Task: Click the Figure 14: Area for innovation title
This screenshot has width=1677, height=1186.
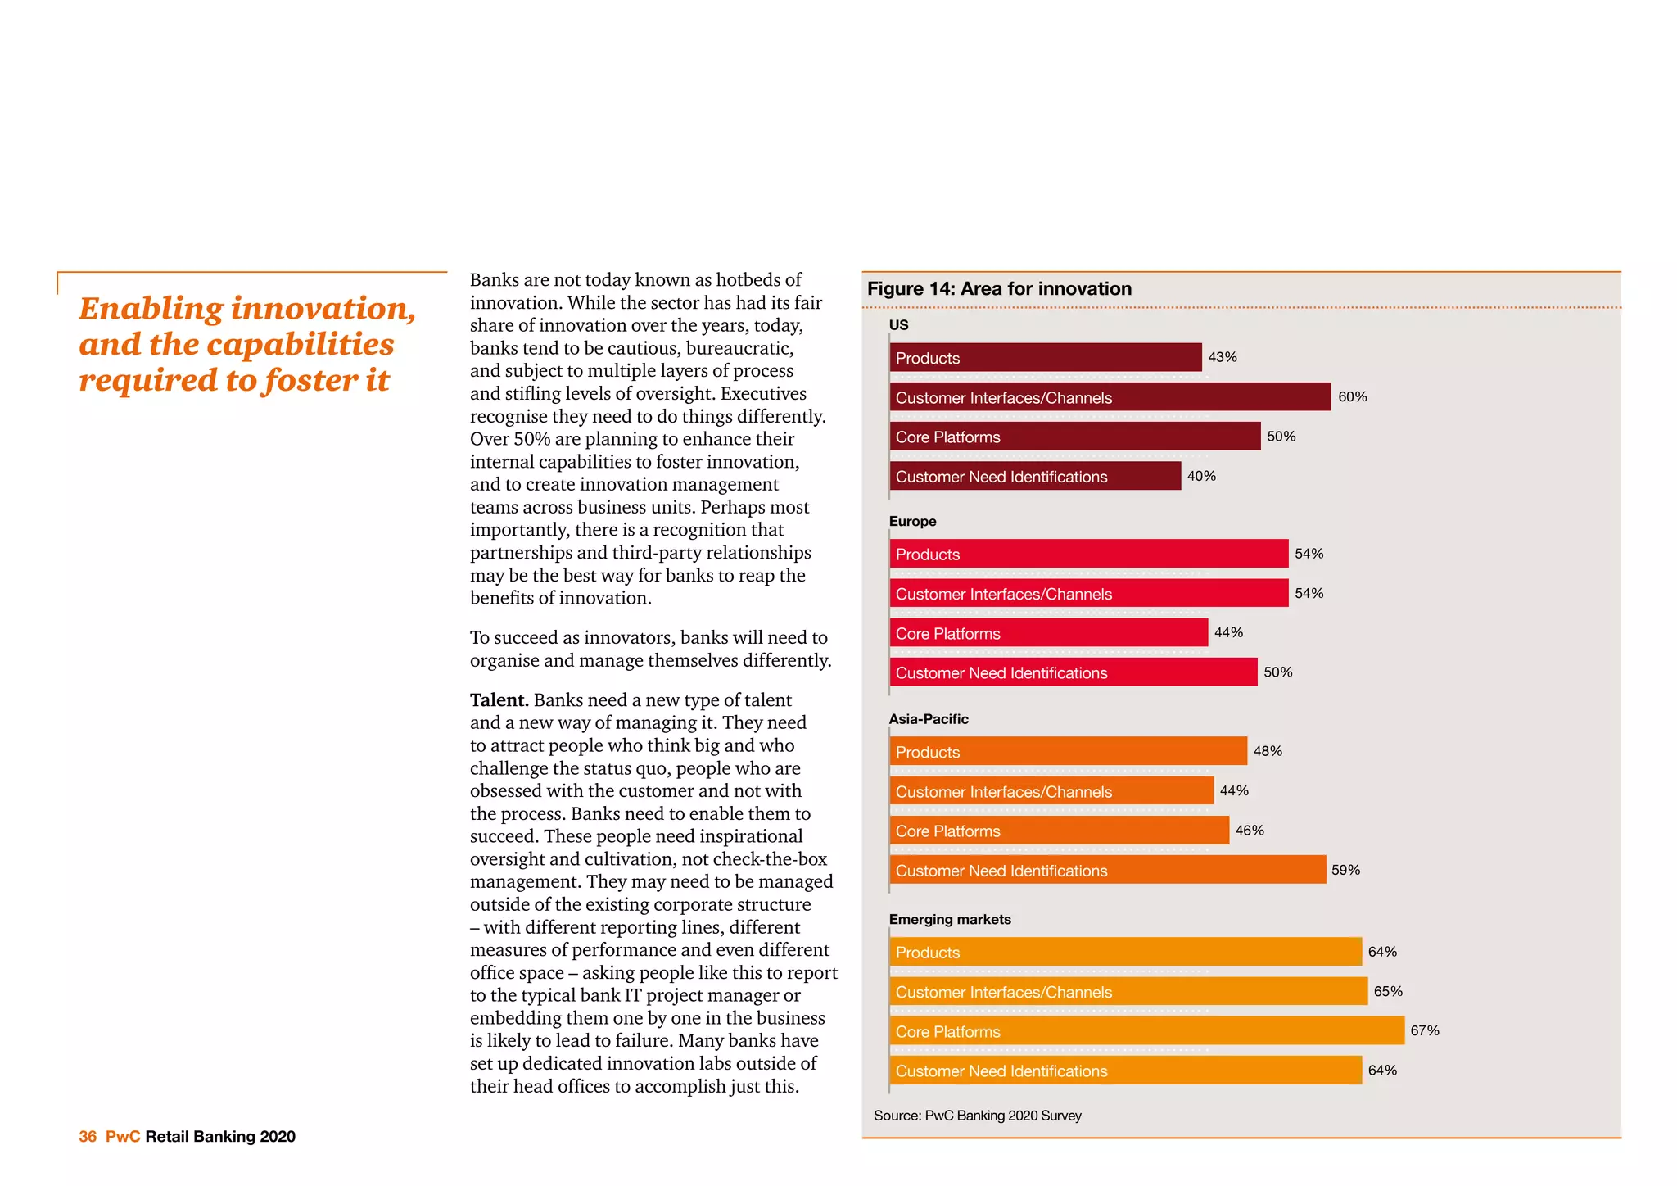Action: click(999, 289)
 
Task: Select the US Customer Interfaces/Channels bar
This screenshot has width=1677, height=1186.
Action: click(1110, 397)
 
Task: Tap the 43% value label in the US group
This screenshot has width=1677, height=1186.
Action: click(1222, 357)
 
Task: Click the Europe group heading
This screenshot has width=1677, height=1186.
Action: click(912, 522)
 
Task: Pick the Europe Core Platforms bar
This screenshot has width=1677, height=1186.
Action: click(1048, 633)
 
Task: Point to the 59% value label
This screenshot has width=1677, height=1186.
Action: click(1345, 870)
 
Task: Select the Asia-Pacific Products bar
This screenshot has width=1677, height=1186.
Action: click(1068, 751)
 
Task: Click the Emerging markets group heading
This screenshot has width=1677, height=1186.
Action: click(950, 920)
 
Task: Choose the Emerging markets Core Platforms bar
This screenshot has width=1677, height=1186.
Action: click(1146, 1031)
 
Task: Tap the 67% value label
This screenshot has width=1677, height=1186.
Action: click(1424, 1031)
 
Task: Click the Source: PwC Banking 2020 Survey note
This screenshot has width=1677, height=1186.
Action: click(977, 1116)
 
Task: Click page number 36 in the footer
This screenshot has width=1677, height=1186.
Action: click(88, 1137)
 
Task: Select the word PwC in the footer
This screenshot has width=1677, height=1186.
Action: click(123, 1137)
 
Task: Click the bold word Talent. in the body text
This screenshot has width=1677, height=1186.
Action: click(499, 700)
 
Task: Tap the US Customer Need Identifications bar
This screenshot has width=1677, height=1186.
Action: click(1035, 476)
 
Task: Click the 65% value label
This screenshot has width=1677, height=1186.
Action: click(1387, 991)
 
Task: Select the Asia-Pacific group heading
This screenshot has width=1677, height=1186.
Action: click(929, 719)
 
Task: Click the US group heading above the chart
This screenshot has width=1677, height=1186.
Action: click(898, 325)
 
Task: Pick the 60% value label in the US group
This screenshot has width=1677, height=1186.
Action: click(1352, 397)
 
